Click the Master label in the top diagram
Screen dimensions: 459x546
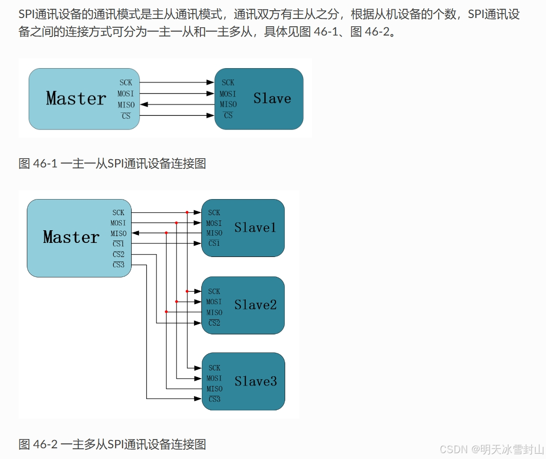click(76, 98)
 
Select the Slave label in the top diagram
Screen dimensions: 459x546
click(272, 98)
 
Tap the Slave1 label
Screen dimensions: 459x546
click(255, 227)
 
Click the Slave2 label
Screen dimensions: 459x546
click(255, 305)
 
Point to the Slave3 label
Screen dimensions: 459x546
click(255, 381)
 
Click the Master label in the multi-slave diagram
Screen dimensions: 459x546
click(71, 237)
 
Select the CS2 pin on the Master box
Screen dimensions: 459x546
click(118, 255)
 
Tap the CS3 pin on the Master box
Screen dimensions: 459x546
click(118, 265)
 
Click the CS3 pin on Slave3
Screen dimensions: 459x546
click(214, 399)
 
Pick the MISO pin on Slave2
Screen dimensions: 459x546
click(214, 312)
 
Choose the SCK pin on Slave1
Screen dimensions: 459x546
click(214, 213)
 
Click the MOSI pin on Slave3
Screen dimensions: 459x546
click(214, 378)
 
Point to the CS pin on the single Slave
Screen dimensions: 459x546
click(228, 116)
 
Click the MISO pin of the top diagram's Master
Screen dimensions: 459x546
click(126, 105)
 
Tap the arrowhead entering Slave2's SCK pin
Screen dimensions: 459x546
click(198, 291)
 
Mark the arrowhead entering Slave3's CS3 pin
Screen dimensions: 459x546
click(198, 399)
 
